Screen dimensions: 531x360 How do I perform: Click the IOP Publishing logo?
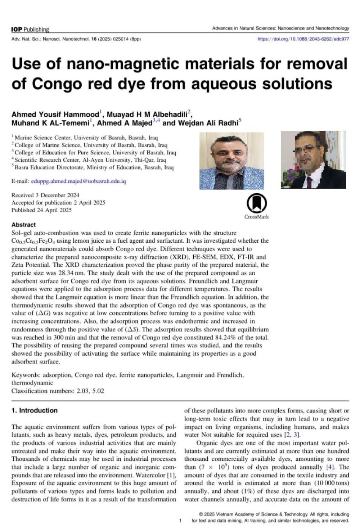(30, 29)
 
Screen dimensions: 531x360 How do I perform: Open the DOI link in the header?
(303, 39)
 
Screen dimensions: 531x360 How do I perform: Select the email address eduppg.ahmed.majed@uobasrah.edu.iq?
(78, 181)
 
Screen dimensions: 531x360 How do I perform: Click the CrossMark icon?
(256, 204)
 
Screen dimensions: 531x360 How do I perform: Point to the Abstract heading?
(23, 225)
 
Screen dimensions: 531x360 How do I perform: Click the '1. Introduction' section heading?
(35, 410)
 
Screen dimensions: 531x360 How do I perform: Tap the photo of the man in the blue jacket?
(231, 161)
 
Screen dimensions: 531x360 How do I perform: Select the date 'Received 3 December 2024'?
(45, 195)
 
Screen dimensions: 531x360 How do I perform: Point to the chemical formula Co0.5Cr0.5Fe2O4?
(33, 241)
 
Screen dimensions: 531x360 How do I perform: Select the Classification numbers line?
(58, 391)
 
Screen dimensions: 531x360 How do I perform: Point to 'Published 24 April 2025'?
(41, 210)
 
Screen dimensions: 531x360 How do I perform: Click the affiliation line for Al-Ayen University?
(90, 160)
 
